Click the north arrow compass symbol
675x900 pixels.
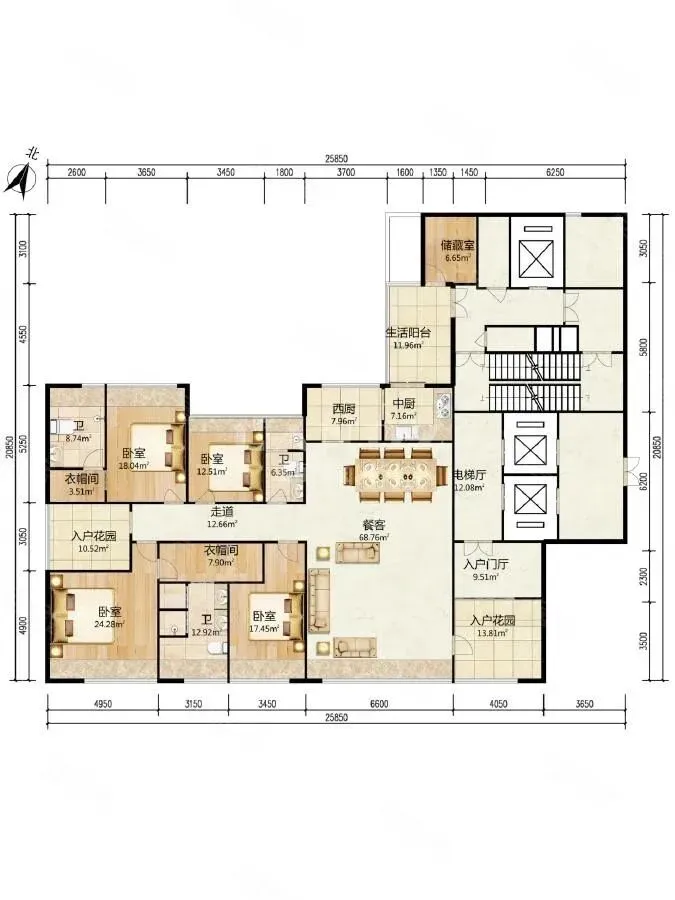(22, 178)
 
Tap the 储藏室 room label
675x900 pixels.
(457, 245)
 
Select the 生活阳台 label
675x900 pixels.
(409, 332)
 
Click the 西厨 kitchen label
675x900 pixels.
(344, 409)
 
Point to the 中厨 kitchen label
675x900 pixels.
(404, 404)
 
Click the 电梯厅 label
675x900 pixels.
(470, 475)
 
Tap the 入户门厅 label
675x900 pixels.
(485, 564)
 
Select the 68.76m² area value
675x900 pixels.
(375, 537)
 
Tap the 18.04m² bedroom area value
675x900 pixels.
(134, 465)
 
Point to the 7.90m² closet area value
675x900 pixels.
(221, 562)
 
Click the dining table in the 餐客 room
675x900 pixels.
(394, 475)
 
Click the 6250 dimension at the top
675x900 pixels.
(555, 172)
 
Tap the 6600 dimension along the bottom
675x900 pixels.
(379, 704)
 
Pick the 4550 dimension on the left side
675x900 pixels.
(24, 335)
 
